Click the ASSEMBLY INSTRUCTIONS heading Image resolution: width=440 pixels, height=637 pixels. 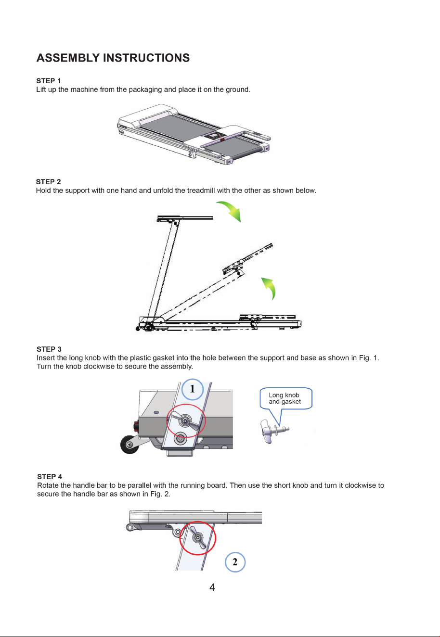[113, 58]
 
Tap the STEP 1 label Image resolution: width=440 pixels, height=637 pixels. [49, 81]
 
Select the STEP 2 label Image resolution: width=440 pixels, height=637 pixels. [49, 182]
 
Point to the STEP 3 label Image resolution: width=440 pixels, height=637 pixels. [49, 349]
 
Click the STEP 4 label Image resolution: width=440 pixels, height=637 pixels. [50, 476]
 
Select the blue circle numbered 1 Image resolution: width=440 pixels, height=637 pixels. [193, 389]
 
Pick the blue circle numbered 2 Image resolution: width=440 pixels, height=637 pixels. [235, 562]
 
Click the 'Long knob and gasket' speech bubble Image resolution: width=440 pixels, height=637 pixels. [286, 398]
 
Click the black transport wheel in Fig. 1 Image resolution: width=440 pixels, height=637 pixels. [129, 444]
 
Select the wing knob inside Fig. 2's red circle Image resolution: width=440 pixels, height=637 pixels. [197, 537]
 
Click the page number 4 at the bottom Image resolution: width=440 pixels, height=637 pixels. [212, 587]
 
